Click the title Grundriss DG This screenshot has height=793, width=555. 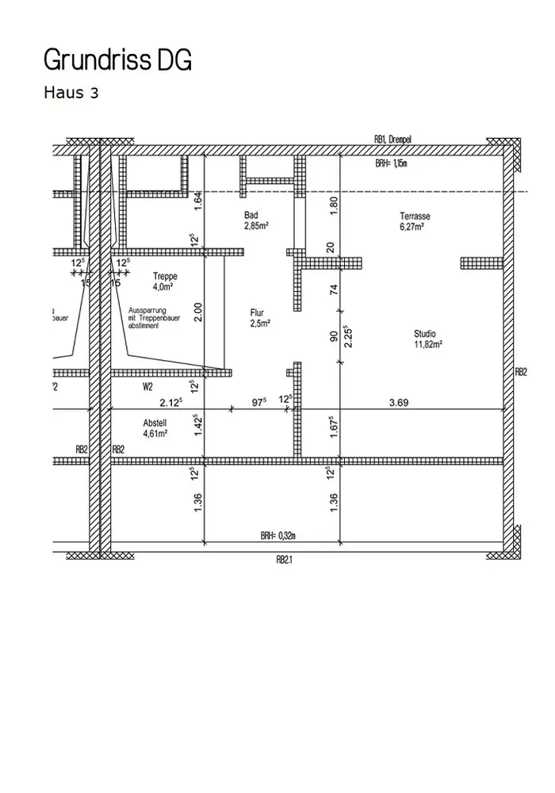(x=117, y=60)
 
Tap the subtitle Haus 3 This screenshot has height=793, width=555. (x=71, y=93)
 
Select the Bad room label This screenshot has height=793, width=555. (x=251, y=215)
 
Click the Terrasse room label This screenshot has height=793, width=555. (x=415, y=216)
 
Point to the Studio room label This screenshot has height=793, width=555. (x=425, y=334)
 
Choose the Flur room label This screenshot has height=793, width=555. (x=257, y=313)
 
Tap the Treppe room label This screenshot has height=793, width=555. (x=165, y=276)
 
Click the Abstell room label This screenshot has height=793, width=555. (x=155, y=423)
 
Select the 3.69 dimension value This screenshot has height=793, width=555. (x=399, y=403)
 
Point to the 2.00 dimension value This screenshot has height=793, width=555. (x=199, y=312)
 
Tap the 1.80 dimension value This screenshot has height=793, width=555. (x=334, y=205)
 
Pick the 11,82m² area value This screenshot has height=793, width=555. (x=428, y=345)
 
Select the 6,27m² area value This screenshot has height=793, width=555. (x=411, y=226)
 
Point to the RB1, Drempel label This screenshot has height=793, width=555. (x=392, y=139)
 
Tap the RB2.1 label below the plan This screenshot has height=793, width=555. (x=285, y=559)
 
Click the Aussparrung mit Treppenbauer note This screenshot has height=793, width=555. (x=148, y=318)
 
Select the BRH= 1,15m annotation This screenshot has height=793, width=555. (x=391, y=163)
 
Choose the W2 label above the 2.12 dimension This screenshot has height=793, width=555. (x=147, y=387)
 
